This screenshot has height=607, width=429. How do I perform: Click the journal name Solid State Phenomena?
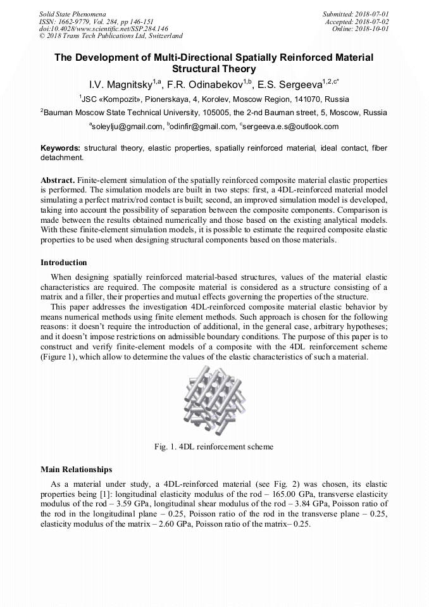point(72,13)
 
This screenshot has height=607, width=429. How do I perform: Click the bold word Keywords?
point(60,148)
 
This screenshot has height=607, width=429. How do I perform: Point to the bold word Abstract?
point(58,180)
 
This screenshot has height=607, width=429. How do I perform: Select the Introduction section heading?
point(64,262)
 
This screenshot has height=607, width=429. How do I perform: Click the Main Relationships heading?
point(76,470)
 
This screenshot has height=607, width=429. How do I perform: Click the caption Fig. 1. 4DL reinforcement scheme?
point(214,447)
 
